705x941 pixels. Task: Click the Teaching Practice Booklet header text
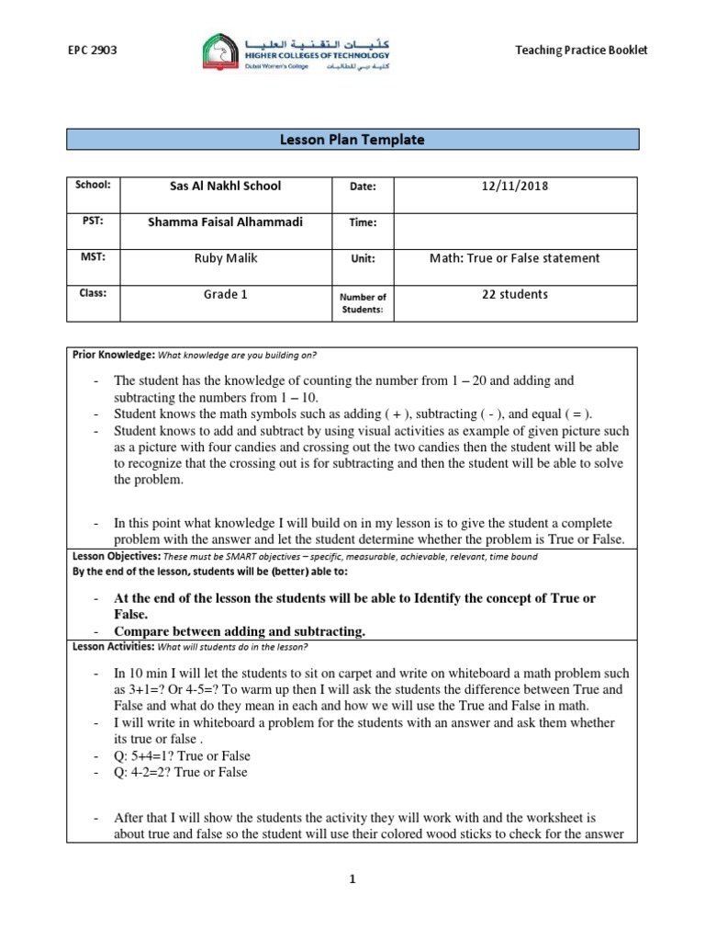(x=581, y=50)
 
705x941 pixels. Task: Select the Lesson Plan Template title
(x=352, y=140)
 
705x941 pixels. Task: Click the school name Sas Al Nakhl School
(x=214, y=186)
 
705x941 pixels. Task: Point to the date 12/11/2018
(x=514, y=186)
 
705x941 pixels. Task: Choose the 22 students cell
(x=514, y=294)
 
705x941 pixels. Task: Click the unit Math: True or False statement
(x=514, y=258)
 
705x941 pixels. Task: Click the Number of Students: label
(x=364, y=302)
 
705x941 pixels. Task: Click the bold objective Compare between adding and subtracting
(x=240, y=631)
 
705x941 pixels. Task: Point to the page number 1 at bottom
(x=352, y=879)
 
